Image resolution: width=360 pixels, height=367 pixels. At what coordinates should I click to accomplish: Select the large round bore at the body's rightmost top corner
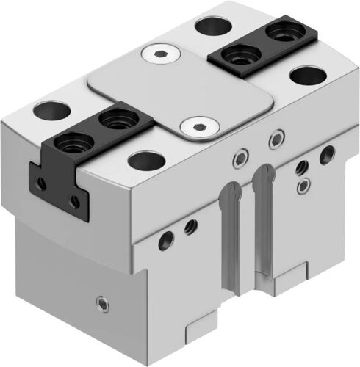(303, 76)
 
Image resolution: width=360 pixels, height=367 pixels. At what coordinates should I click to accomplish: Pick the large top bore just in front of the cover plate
(144, 159)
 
